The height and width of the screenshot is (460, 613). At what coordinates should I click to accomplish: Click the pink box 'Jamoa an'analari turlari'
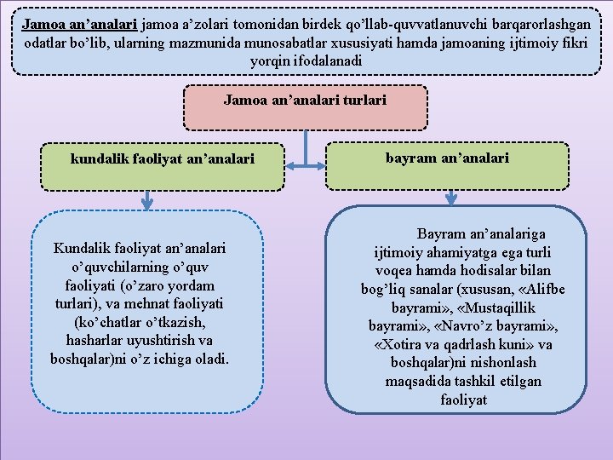click(x=305, y=101)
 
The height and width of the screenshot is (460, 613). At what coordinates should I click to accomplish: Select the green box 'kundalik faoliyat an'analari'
click(x=162, y=158)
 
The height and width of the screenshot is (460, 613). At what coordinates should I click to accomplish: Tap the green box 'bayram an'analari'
click(x=447, y=158)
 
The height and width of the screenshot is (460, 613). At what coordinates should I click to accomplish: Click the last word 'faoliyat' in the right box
click(x=463, y=400)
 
